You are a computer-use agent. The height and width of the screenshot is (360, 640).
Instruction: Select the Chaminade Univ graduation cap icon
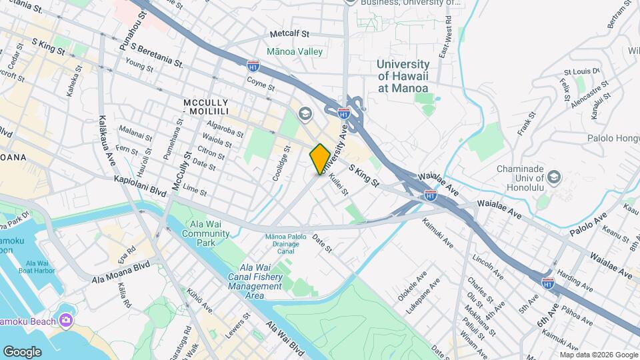554,177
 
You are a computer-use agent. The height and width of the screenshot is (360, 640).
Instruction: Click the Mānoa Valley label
294,51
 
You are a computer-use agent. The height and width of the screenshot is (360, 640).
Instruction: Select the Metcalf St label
290,33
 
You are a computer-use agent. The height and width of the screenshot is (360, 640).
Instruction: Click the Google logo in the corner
22,351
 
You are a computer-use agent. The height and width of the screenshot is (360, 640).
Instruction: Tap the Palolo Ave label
589,226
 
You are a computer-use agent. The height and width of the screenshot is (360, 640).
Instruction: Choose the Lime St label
195,190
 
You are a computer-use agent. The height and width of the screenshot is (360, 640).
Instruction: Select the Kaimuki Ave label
437,234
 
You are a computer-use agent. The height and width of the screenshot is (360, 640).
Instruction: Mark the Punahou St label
134,26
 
